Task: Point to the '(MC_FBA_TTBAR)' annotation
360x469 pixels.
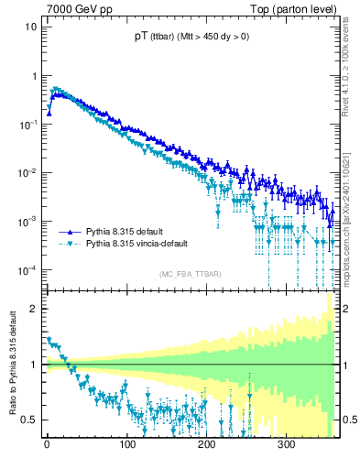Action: [x=190, y=274]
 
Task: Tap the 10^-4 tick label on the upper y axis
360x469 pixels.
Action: [x=27, y=269]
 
